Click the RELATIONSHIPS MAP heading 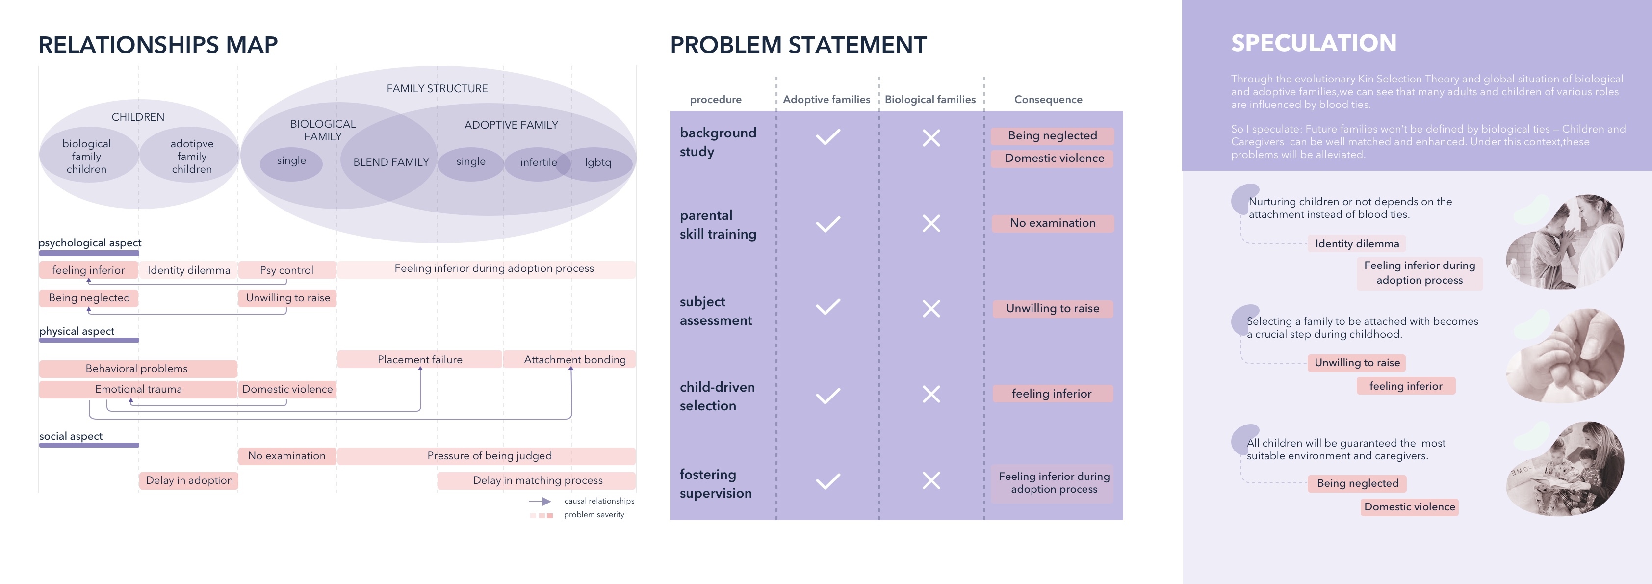click(158, 45)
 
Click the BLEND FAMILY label click(390, 162)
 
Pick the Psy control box click(286, 270)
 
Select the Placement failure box click(419, 359)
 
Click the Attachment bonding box click(574, 359)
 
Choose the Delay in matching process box click(538, 480)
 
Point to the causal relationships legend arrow click(540, 501)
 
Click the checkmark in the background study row click(827, 137)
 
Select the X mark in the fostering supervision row click(930, 480)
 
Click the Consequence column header click(1048, 100)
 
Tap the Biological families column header click(930, 100)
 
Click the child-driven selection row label click(717, 396)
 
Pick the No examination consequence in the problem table click(1053, 223)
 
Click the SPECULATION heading click(1314, 43)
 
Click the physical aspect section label click(77, 331)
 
